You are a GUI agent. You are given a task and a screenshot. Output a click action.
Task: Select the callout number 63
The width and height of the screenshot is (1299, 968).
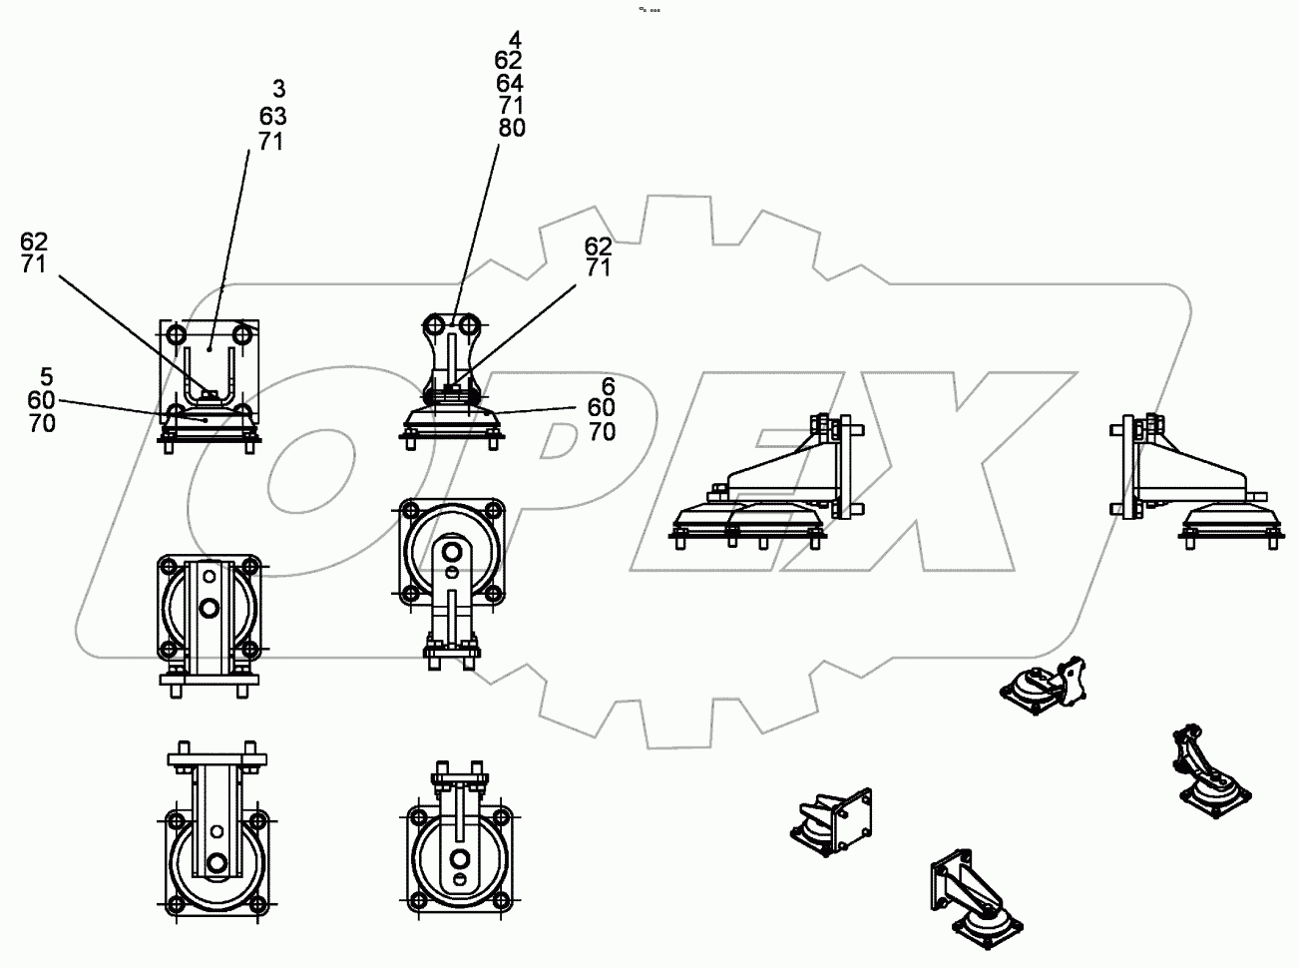[270, 120]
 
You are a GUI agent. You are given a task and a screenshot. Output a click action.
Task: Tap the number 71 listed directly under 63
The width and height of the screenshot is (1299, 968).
[270, 142]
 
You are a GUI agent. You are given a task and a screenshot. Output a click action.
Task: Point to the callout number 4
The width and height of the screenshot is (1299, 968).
[515, 40]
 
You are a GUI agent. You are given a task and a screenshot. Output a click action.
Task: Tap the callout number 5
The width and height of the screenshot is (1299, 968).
[47, 377]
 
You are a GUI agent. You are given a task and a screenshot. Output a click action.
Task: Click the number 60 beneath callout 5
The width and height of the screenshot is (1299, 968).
[41, 400]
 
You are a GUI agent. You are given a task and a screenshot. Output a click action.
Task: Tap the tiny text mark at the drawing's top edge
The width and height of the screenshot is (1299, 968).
[649, 9]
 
